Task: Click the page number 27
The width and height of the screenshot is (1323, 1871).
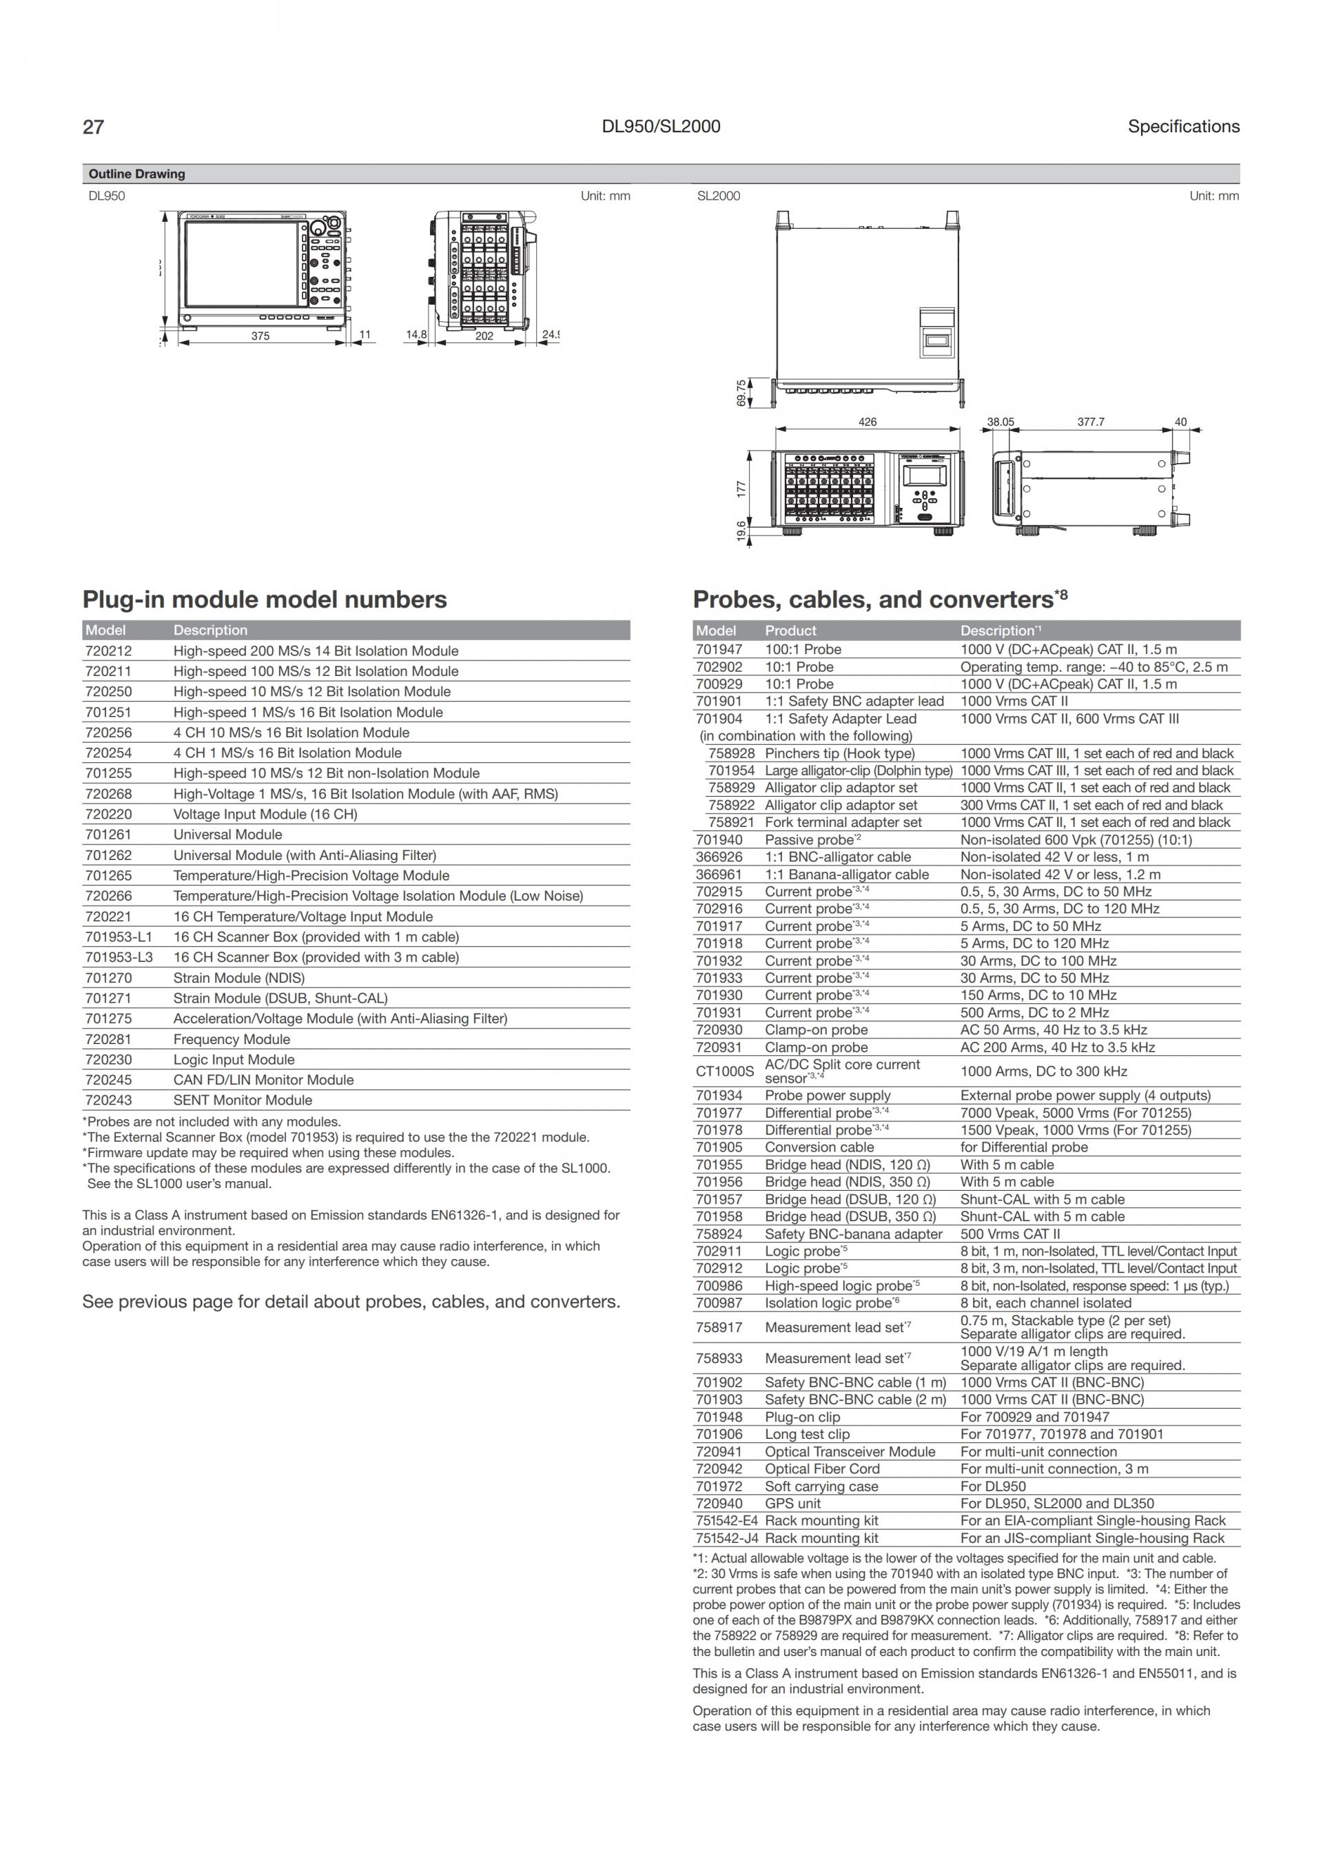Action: (x=93, y=126)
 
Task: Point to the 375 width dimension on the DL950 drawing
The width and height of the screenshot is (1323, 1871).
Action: (x=260, y=336)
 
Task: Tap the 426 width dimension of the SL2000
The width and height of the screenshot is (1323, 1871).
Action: (x=868, y=422)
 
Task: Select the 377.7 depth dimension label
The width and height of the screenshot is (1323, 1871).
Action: (x=1091, y=422)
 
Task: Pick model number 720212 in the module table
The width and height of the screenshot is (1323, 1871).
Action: (x=108, y=651)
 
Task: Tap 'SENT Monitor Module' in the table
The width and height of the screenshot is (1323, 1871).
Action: (x=242, y=1100)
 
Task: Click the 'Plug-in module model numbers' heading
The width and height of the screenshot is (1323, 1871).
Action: (x=264, y=600)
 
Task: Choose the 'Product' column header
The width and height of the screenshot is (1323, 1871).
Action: (x=790, y=631)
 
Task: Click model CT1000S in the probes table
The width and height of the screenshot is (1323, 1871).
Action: (x=724, y=1072)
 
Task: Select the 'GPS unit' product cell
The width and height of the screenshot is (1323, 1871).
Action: (x=792, y=1504)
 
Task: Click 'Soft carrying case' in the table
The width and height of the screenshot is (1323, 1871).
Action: (x=821, y=1486)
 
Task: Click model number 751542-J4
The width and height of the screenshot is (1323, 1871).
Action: (x=727, y=1539)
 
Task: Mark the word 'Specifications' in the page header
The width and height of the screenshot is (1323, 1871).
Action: (x=1183, y=126)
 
